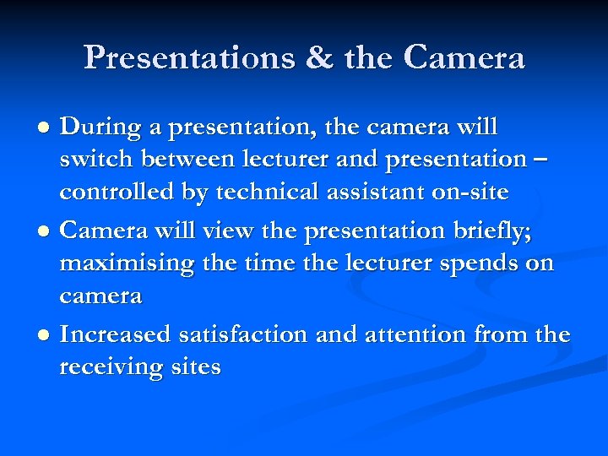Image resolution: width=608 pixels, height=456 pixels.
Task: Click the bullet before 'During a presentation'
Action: (x=43, y=128)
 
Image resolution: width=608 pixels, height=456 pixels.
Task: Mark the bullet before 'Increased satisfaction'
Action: (x=43, y=336)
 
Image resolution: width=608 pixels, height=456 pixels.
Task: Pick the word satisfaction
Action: (x=243, y=334)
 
